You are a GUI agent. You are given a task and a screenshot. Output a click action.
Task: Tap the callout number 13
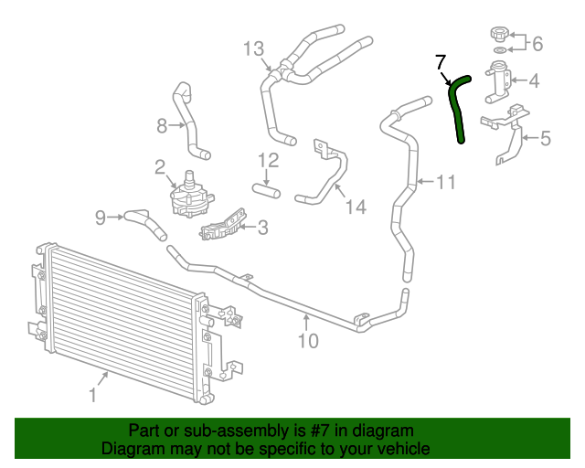pyautogui.click(x=253, y=48)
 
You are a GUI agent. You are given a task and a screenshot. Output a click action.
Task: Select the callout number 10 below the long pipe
pyautogui.click(x=308, y=341)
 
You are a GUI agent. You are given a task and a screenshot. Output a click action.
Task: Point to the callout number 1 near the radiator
pyautogui.click(x=92, y=395)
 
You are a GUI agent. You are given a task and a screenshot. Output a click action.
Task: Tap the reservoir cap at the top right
pyautogui.click(x=499, y=35)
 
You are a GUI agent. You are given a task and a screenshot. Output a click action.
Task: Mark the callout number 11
pyautogui.click(x=444, y=182)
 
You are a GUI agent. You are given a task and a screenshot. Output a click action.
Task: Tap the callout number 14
pyautogui.click(x=356, y=207)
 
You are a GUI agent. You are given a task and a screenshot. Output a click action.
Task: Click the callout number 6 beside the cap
pyautogui.click(x=537, y=43)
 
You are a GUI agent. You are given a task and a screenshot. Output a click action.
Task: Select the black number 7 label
pyautogui.click(x=440, y=62)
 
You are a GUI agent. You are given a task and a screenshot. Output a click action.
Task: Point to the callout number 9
pyautogui.click(x=101, y=217)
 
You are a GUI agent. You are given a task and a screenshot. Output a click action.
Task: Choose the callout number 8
pyautogui.click(x=162, y=125)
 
